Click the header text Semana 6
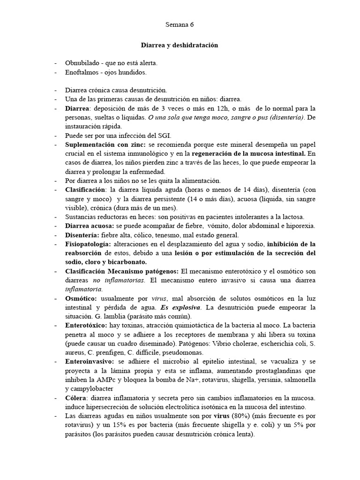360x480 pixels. (180, 24)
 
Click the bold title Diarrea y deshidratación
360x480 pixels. (180, 45)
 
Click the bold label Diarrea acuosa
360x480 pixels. (90, 225)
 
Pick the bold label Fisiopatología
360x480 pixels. (89, 244)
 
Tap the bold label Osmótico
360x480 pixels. (81, 298)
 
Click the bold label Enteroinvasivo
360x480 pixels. (89, 361)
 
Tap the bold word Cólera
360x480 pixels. (76, 397)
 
